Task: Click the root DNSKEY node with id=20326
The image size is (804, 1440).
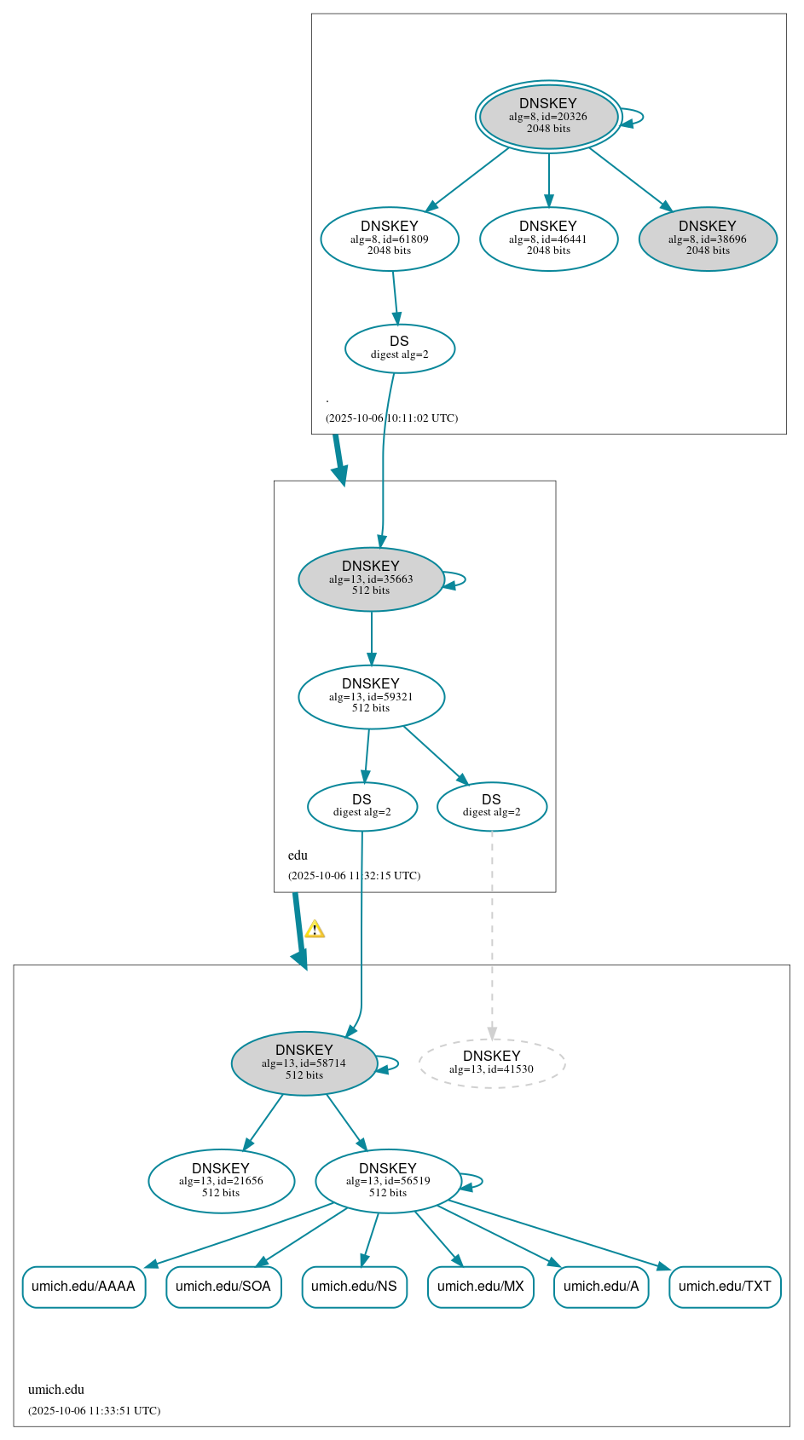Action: pyautogui.click(x=548, y=117)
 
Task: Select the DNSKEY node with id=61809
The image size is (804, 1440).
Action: pyautogui.click(x=390, y=239)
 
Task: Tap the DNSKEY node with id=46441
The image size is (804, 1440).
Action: pyautogui.click(x=548, y=239)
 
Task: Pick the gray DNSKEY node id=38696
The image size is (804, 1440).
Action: pyautogui.click(x=708, y=239)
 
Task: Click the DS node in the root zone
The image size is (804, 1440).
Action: pyautogui.click(x=399, y=348)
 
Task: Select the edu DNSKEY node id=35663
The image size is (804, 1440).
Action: pyautogui.click(x=371, y=579)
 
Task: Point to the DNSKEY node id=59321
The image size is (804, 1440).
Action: pyautogui.click(x=371, y=697)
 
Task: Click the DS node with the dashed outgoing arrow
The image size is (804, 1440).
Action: pyautogui.click(x=491, y=806)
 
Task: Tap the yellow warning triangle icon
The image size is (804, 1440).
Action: pyautogui.click(x=315, y=930)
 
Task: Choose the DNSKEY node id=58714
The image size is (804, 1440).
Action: pyautogui.click(x=304, y=1063)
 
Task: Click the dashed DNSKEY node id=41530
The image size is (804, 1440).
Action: pyautogui.click(x=491, y=1063)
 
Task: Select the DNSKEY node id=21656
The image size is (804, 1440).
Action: pyautogui.click(x=221, y=1181)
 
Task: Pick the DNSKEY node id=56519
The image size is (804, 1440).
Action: pyautogui.click(x=388, y=1181)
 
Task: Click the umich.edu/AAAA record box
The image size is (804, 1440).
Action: pyautogui.click(x=84, y=1287)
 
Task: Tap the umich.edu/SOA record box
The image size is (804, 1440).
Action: pyautogui.click(x=223, y=1287)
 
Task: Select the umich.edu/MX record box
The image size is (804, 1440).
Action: pyautogui.click(x=480, y=1287)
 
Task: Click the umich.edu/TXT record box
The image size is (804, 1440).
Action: pyautogui.click(x=725, y=1287)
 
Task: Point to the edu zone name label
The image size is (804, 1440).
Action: pyautogui.click(x=298, y=855)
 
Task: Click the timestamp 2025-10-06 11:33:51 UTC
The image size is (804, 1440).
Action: pyautogui.click(x=94, y=1411)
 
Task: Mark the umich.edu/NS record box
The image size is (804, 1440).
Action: pyautogui.click(x=354, y=1287)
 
